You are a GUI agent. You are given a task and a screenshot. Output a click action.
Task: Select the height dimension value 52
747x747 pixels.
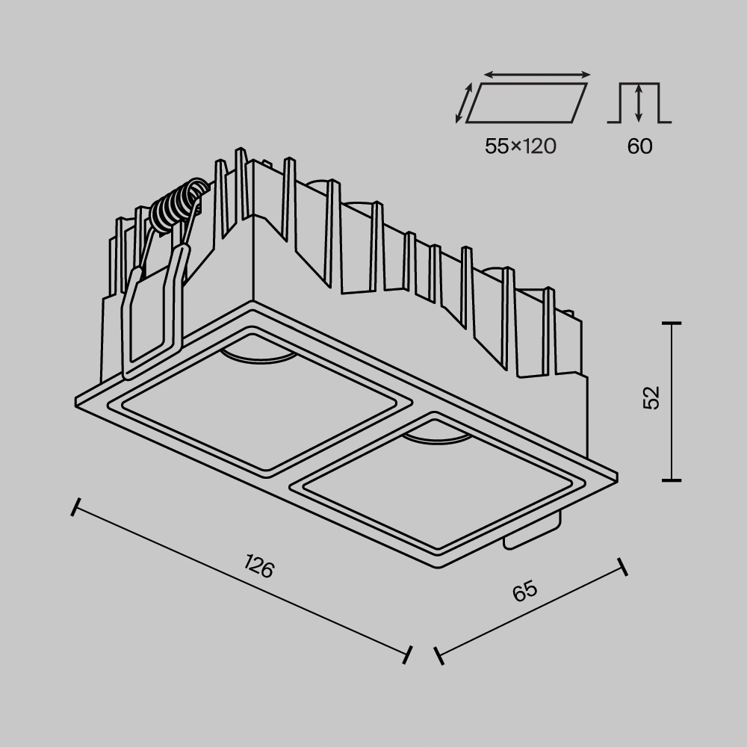[x=652, y=398]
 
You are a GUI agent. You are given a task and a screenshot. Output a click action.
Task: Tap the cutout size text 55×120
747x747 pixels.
[x=521, y=146]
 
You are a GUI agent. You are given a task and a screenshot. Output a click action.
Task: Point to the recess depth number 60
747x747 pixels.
[x=639, y=146]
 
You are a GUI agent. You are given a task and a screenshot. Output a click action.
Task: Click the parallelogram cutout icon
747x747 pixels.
[x=526, y=102]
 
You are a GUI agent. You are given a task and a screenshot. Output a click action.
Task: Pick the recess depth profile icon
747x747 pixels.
[x=639, y=102]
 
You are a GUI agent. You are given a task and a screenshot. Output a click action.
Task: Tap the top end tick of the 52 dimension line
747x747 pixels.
[x=672, y=323]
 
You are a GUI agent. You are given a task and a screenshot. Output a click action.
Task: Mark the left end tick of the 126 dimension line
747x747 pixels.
[x=74, y=507]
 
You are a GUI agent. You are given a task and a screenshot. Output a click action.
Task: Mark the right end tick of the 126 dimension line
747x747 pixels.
[x=408, y=654]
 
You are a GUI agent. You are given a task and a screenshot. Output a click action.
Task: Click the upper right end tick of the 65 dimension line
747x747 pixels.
[x=622, y=565]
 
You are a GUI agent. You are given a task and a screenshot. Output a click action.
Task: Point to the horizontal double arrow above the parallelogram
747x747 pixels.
[x=537, y=75]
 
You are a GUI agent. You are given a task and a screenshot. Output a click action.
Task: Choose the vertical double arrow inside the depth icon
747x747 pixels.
[x=639, y=103]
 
